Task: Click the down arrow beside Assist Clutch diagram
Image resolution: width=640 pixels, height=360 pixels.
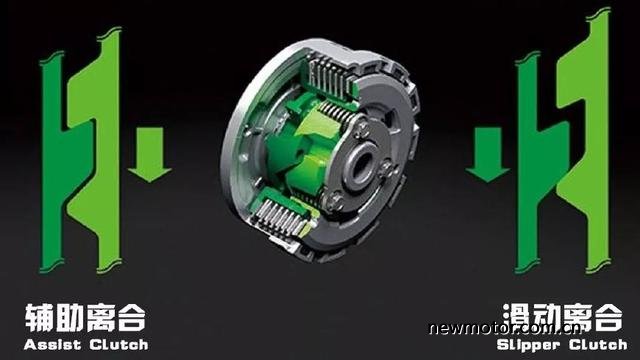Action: [150, 155]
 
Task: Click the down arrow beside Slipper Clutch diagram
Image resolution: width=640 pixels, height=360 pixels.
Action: [487, 155]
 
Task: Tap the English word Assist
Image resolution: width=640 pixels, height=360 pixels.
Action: [52, 345]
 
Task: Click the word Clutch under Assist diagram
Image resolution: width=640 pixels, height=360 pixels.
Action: [119, 345]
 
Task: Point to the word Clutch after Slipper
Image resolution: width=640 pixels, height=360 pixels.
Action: [598, 345]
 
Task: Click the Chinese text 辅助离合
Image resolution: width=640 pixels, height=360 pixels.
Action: [85, 318]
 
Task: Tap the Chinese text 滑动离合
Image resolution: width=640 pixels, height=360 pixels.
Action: [562, 318]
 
